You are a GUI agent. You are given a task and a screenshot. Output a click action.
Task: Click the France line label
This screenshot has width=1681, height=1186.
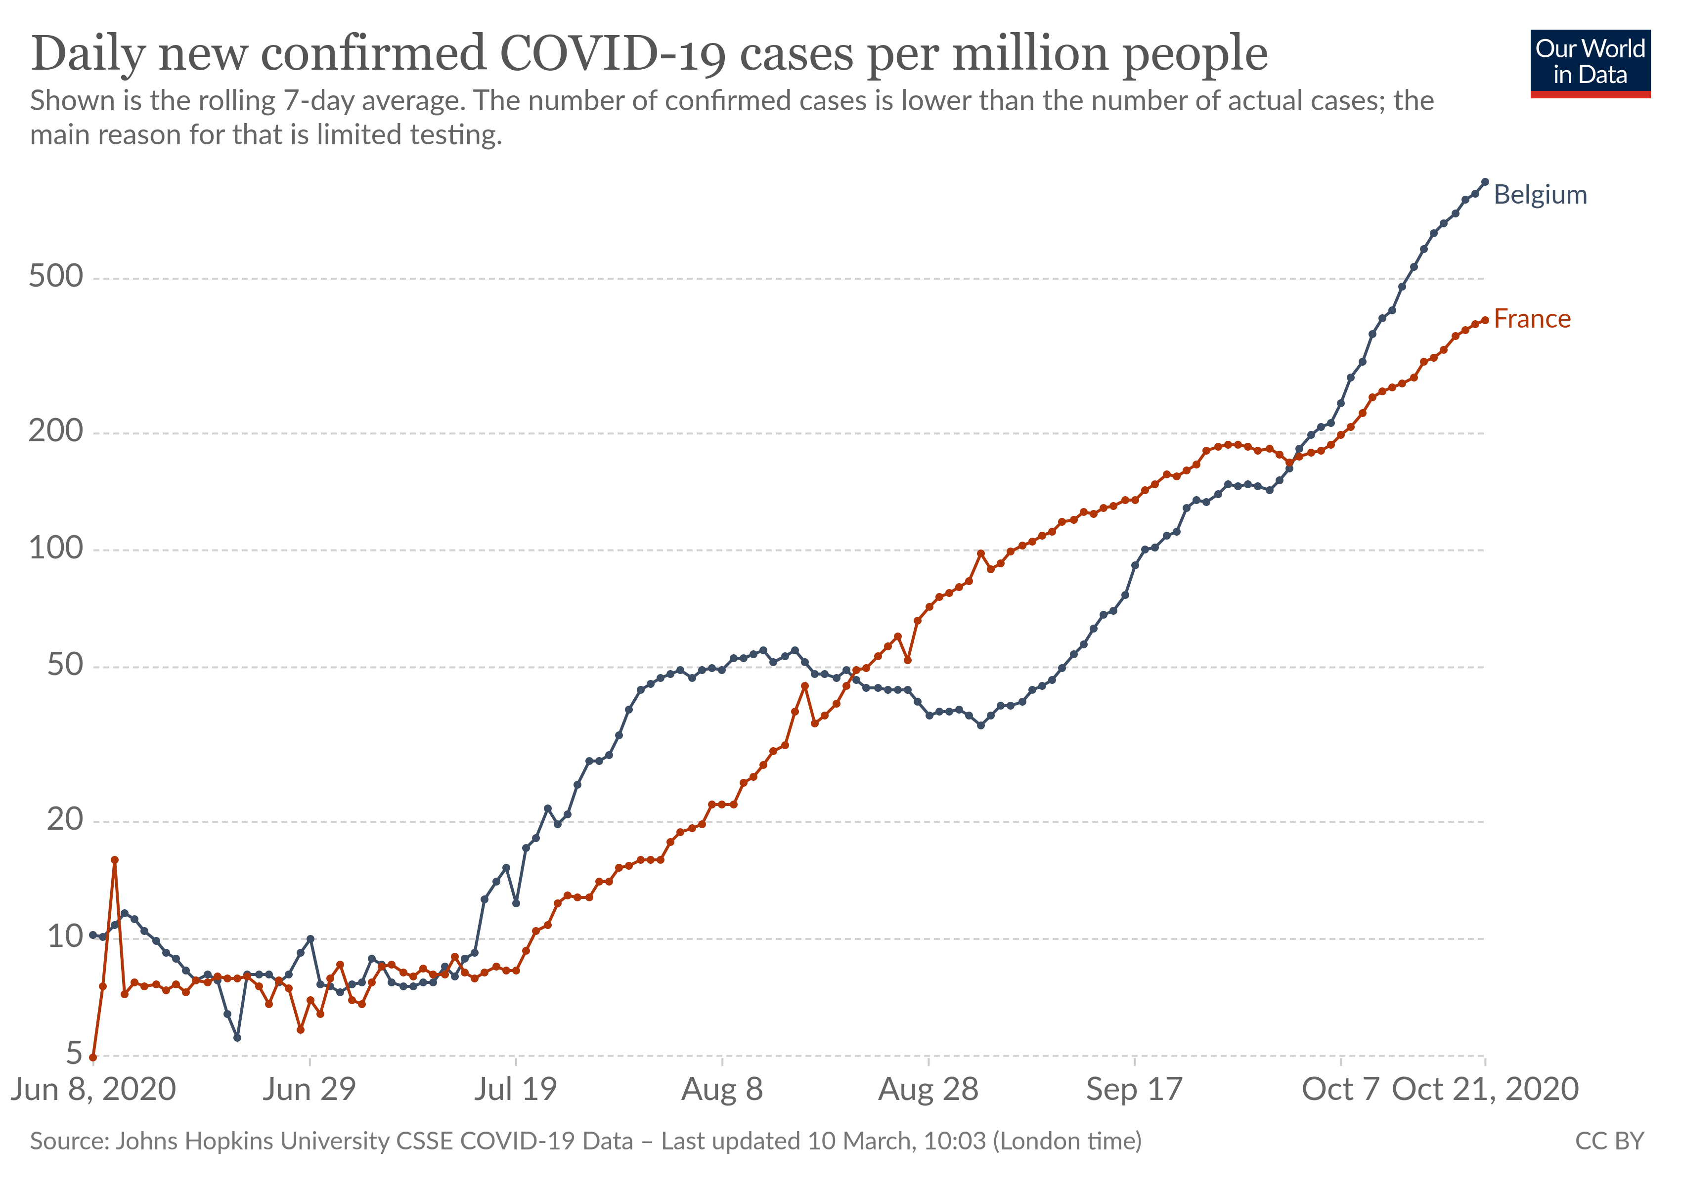point(1532,319)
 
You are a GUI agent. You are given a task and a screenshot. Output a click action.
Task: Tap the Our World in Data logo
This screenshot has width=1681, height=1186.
point(1590,63)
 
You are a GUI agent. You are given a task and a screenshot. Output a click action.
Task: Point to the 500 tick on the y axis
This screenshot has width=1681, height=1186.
point(56,277)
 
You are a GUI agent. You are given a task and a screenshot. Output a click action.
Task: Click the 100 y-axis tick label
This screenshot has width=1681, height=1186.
point(56,548)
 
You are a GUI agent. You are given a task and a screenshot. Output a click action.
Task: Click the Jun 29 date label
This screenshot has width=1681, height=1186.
point(309,1090)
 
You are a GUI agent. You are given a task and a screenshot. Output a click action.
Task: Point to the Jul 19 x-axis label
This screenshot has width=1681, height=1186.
point(516,1090)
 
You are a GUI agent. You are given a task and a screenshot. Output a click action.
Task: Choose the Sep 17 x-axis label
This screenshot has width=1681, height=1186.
point(1134,1090)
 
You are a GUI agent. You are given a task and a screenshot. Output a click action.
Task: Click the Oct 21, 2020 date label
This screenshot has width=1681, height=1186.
point(1485,1090)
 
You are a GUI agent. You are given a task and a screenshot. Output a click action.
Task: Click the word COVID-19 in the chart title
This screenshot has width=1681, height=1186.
point(613,54)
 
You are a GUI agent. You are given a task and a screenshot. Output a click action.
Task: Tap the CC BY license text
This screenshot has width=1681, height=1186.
point(1609,1142)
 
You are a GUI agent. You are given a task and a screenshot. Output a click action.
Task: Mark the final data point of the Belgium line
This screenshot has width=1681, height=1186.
point(1485,181)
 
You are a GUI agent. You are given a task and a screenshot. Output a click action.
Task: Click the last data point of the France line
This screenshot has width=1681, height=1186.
point(1485,320)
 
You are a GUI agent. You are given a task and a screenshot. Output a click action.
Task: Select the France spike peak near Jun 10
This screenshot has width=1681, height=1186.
point(114,860)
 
